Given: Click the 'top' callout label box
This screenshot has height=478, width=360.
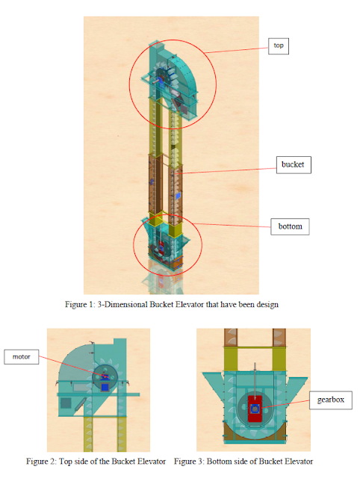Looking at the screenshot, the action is coord(279,46).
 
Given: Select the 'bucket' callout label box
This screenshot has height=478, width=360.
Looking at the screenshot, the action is coord(294,165).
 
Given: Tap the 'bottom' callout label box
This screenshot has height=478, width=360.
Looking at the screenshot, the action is coord(290,226).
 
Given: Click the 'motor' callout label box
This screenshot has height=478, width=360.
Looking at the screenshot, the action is coord(22,357).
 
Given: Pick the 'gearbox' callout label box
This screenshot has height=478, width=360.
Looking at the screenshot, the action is coord(331,400).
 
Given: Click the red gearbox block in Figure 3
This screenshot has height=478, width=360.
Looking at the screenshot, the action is coord(255,409).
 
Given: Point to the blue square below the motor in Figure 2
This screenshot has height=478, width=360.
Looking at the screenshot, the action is coord(105,387).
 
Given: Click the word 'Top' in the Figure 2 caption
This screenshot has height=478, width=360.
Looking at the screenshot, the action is coord(66,462).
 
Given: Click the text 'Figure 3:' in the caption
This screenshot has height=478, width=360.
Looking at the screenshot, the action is coord(189,462).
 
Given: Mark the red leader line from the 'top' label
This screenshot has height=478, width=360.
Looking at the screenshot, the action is coord(237,50).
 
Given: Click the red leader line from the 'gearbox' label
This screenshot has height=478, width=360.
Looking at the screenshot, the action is coord(285,404).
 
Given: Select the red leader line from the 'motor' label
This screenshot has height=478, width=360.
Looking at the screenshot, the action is coord(72,367).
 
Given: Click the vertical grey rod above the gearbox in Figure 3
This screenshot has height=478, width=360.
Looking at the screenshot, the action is coord(255,379).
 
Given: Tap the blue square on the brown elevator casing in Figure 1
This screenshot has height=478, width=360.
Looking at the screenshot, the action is coord(179,196).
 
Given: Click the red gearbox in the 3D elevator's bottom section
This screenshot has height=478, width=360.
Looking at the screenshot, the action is coord(161,245).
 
